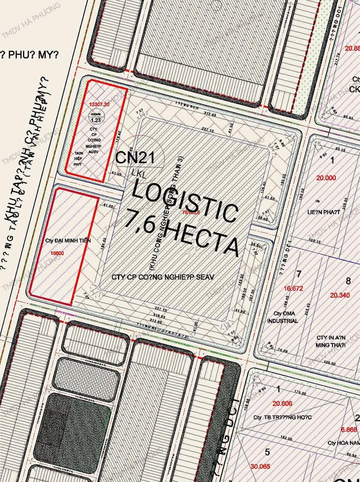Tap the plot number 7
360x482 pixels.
coord(298,274)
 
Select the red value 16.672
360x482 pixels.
coord(294,288)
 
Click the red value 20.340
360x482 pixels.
coord(340,295)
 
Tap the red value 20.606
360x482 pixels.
coord(282,403)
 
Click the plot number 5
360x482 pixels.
coord(267,452)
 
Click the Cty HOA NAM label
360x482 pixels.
coord(344,442)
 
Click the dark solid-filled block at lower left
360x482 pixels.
coord(75,430)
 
